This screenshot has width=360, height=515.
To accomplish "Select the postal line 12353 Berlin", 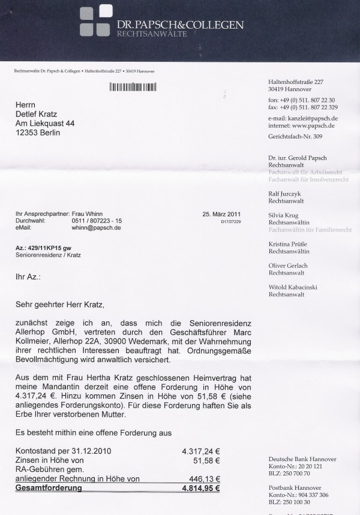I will pos(38,132).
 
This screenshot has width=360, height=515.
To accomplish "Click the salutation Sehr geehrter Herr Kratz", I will pos(60,305).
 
